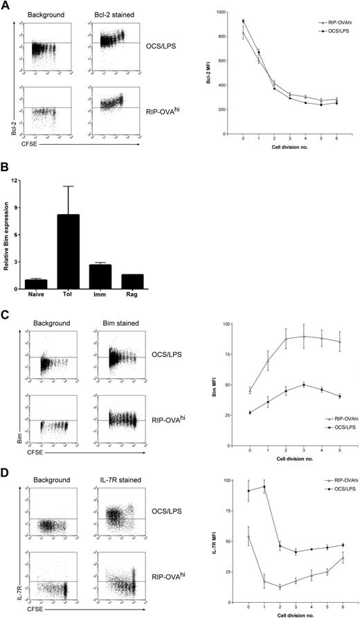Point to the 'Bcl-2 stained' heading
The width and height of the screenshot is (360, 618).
[x=113, y=13]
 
